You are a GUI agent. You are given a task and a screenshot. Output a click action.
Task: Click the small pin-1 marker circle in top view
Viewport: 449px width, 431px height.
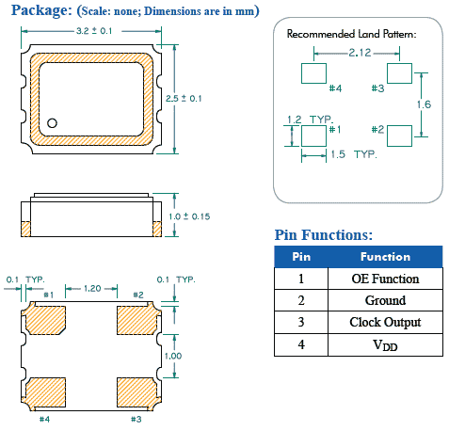pyautogui.click(x=54, y=121)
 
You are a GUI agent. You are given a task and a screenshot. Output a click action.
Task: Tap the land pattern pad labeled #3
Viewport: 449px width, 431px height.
pyautogui.click(x=398, y=72)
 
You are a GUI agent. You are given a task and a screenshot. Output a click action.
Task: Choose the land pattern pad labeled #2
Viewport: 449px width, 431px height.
pyautogui.click(x=398, y=135)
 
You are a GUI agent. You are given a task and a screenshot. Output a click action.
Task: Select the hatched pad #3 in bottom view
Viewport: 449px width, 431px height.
pyautogui.click(x=136, y=391)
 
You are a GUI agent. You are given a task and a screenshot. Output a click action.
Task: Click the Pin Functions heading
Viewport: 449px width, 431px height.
pyautogui.click(x=323, y=234)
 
